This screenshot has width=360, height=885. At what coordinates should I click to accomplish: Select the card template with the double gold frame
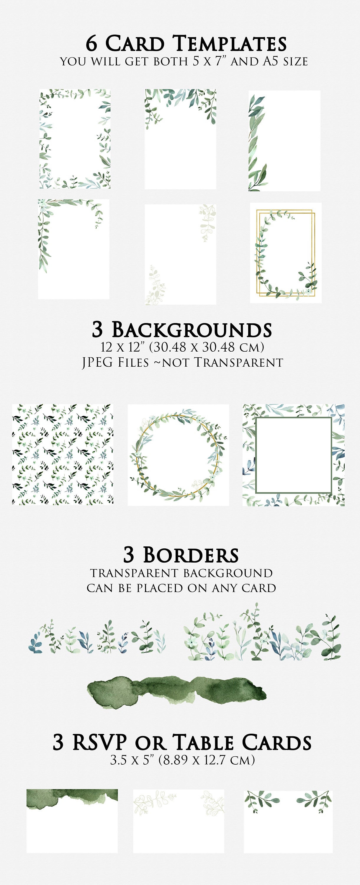click(x=285, y=253)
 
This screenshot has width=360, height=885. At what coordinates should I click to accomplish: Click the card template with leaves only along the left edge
click(x=284, y=140)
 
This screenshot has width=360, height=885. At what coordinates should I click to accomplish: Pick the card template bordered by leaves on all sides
click(x=75, y=139)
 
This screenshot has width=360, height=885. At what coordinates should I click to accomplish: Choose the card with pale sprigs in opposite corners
click(x=180, y=254)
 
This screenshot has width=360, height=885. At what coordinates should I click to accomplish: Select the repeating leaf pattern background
click(x=63, y=455)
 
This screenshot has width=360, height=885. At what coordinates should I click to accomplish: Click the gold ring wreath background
click(x=178, y=455)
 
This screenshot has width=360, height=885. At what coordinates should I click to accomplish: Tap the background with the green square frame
click(x=293, y=455)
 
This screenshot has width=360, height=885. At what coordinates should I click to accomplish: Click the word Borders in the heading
click(x=191, y=555)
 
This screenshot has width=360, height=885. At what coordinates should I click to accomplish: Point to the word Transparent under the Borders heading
click(x=134, y=573)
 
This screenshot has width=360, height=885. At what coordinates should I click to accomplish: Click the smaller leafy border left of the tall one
click(x=97, y=637)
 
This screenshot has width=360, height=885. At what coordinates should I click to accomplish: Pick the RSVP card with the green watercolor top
click(x=72, y=821)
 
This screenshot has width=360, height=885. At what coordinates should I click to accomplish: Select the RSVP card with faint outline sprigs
click(x=179, y=821)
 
